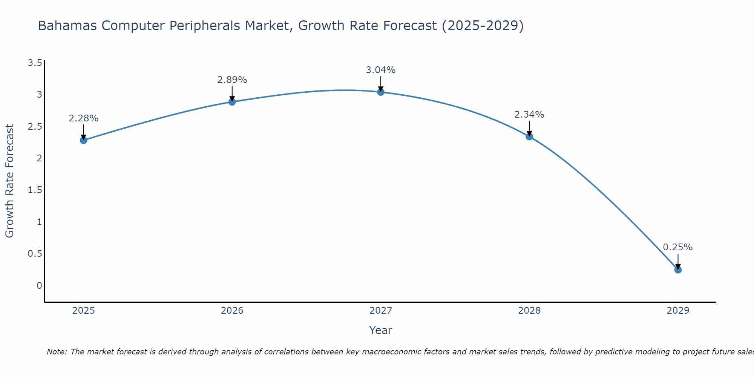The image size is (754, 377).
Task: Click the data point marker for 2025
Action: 83,140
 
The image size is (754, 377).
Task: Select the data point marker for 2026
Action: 232,102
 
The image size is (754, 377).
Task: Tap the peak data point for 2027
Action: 381,92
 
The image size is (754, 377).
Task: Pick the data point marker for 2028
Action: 529,136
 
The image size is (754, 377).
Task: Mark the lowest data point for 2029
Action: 678,270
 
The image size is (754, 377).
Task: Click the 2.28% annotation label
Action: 83,118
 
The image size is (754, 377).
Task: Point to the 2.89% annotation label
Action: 232,80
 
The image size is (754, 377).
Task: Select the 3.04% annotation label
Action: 381,70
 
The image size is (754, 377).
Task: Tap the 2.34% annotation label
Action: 529,115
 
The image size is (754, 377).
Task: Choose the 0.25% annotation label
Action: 678,247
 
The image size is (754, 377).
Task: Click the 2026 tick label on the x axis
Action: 232,311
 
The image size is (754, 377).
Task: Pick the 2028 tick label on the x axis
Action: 529,311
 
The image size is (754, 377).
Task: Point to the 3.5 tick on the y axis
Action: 35,63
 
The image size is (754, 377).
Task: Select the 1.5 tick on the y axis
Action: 35,190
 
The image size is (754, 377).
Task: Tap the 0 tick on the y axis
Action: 39,286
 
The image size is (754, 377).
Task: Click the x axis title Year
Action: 381,330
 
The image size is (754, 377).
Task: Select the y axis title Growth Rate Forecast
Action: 10,181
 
